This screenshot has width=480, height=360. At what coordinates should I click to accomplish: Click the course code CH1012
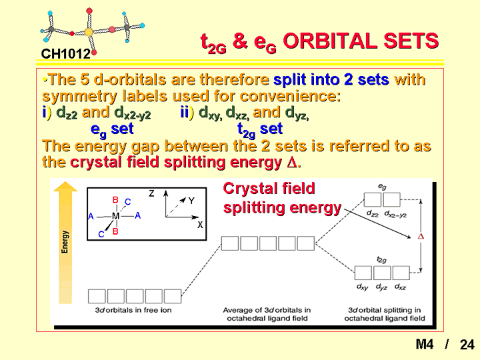coord(66,54)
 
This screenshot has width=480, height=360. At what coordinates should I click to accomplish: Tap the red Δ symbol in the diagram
coord(421,236)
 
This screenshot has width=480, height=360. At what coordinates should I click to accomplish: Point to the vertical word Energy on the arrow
coord(65,242)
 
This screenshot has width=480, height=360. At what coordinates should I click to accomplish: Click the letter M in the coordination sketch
coord(115,216)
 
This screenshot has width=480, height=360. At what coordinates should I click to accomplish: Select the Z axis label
coord(151,193)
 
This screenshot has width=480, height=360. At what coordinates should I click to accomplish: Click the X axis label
coord(200,225)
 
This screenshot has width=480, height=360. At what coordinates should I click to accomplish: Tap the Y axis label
coord(191,201)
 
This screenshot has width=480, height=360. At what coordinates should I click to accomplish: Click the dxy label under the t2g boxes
coord(363,287)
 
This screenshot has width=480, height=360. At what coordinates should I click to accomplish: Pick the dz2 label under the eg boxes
coord(373,213)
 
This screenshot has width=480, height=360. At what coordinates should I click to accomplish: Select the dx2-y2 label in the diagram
coord(395,214)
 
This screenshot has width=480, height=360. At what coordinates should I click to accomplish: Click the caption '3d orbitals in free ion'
coord(133,310)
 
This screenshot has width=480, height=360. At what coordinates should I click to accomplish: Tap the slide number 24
coord(467,345)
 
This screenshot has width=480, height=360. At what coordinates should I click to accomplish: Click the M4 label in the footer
coord(425,344)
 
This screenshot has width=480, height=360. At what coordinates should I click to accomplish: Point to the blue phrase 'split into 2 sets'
coord(331,79)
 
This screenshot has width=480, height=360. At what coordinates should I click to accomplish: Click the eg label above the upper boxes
coord(382,187)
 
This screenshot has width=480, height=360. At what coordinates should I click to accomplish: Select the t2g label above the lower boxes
coord(381,260)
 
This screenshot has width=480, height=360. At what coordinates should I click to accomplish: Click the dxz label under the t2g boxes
coord(401,287)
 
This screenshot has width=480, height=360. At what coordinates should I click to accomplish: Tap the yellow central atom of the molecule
coord(89,31)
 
